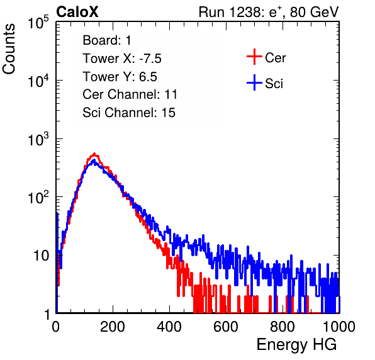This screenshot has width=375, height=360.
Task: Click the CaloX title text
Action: tap(77, 12)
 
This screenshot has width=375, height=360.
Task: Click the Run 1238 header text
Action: tap(269, 12)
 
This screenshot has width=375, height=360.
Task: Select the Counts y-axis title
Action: tap(9, 49)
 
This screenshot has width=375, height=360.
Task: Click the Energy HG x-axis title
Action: tap(296, 344)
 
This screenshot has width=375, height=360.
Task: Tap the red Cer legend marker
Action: tap(254, 57)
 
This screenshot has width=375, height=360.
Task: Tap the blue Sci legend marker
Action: tap(254, 82)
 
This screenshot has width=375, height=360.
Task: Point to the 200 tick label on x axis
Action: tap(113, 327)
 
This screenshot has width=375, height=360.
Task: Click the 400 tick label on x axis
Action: tap(169, 327)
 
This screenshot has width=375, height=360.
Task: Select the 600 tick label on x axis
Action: tap(226, 327)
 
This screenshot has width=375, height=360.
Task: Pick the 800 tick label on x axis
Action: tap(283, 327)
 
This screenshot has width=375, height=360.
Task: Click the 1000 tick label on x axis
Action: tap(339, 327)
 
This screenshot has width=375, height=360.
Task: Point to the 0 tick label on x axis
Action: tap(56, 327)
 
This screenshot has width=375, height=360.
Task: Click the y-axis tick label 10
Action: tap(42, 256)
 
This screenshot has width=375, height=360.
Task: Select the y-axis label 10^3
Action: tap(38, 138)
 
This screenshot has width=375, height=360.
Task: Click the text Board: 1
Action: tap(107, 40)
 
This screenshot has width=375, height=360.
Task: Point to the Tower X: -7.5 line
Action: tap(122, 59)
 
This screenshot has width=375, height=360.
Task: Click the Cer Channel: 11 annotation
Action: tap(130, 94)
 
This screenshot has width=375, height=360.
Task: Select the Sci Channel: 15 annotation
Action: tap(129, 113)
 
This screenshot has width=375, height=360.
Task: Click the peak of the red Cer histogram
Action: tap(94, 154)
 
